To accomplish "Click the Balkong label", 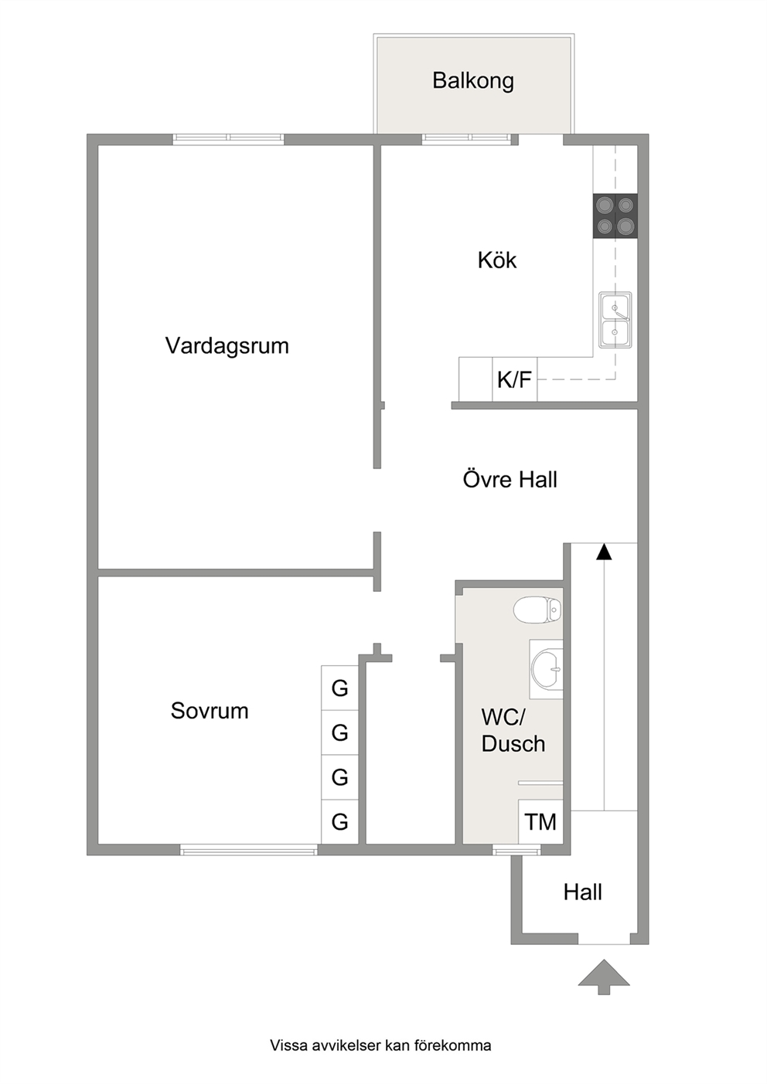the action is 473,81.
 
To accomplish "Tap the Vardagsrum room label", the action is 227,346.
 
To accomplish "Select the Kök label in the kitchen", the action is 497,260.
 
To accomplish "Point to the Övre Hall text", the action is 510,479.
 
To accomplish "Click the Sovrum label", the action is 210,711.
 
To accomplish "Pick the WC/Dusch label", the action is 513,730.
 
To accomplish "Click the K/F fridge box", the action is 515,379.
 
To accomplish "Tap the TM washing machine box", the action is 540,821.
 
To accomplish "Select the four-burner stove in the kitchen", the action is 615,216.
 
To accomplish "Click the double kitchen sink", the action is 615,319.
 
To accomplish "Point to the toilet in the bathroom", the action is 537,610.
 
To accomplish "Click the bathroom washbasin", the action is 547,669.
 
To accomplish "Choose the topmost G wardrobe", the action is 340,688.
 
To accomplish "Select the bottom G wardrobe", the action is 340,821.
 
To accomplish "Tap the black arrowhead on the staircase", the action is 604,552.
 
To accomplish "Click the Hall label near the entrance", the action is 582,892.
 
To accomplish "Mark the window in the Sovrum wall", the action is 249,849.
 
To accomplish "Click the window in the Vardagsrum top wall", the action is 229,139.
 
